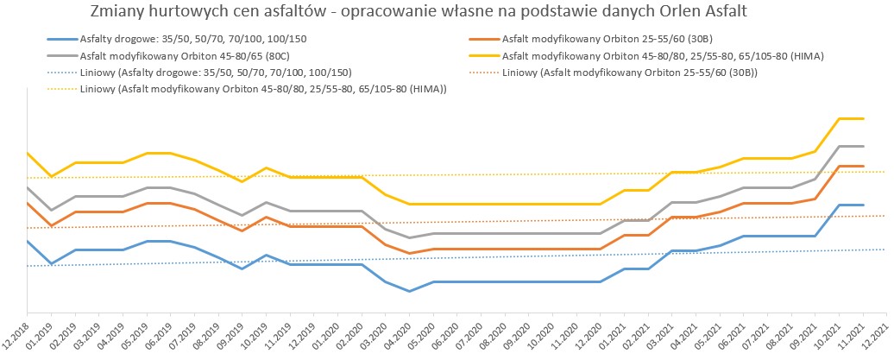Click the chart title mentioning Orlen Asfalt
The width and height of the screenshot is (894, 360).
tap(418, 12)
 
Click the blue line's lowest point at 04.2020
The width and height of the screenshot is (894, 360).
tap(409, 291)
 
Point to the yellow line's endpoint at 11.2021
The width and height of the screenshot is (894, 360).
tap(863, 118)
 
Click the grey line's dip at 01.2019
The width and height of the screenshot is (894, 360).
tap(51, 210)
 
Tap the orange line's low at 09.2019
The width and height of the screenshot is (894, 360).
tap(242, 231)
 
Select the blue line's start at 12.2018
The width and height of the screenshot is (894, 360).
tap(28, 242)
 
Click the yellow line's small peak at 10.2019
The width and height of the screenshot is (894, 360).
tap(266, 167)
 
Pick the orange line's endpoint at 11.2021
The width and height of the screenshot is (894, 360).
tap(863, 166)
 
